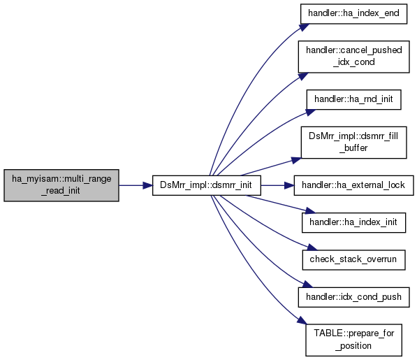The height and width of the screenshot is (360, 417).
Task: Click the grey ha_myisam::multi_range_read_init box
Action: [61, 185]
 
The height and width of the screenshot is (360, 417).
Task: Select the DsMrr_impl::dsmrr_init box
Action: [207, 185]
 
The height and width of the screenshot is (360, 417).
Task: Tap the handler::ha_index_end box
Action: [353, 14]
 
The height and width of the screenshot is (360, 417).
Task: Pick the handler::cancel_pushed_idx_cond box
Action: [353, 57]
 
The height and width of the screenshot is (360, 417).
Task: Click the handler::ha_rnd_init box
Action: [353, 99]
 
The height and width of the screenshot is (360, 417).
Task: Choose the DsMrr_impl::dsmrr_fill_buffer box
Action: [353, 143]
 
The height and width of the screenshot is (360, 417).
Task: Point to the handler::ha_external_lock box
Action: [353, 185]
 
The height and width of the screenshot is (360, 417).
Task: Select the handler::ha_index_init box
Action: [353, 222]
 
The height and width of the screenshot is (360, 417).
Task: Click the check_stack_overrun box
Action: [353, 260]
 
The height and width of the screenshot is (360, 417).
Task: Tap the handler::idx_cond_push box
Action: [353, 297]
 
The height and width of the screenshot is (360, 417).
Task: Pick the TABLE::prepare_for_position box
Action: [353, 340]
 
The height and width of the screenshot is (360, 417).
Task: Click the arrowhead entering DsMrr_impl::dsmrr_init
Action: [147, 185]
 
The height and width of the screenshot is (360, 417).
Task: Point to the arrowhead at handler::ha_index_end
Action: [305, 27]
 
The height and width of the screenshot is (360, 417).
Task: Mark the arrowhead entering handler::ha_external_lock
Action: [289, 185]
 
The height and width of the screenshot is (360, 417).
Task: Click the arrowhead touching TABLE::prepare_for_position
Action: [302, 321]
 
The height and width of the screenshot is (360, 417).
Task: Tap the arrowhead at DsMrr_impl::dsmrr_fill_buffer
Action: [296, 160]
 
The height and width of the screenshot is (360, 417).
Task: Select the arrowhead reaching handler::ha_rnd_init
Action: [310, 113]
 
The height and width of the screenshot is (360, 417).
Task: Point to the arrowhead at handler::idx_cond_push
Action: [308, 285]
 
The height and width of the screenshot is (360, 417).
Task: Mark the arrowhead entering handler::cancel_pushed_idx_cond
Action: [303, 76]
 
